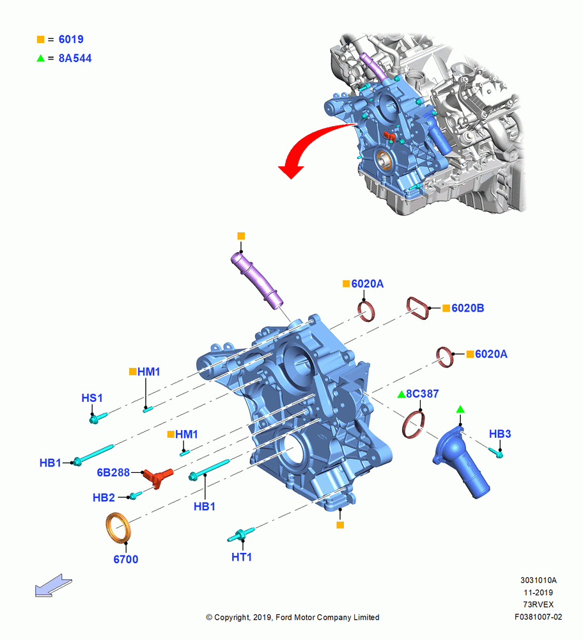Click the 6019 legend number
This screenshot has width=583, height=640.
coord(71,39)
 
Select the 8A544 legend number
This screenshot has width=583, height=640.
coord(75,58)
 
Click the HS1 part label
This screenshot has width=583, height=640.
coord(91,398)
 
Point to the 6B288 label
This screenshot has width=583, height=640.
coord(113,472)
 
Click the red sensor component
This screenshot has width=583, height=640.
coord(158,476)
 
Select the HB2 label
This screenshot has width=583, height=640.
coord(104,497)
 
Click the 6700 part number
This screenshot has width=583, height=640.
coord(125,559)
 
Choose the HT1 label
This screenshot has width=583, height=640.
coord(242,557)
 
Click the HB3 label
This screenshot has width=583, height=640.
coord(500,434)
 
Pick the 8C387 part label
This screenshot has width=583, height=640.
coord(423,394)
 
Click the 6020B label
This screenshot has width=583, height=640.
coord(468,308)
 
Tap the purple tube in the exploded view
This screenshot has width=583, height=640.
coord(256,280)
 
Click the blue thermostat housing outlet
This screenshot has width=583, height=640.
coord(461,461)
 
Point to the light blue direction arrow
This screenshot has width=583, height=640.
coord(54,586)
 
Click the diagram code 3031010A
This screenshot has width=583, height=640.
coord(538,580)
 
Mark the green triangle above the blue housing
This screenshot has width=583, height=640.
coord(460,409)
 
